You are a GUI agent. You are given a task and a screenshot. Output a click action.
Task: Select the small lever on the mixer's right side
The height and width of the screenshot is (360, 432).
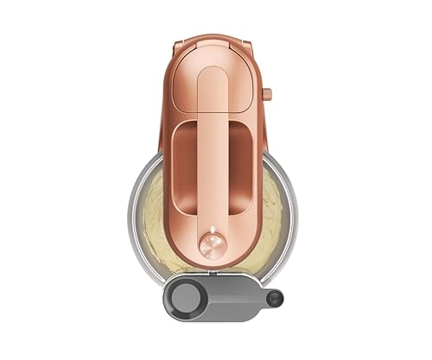(x=266, y=92)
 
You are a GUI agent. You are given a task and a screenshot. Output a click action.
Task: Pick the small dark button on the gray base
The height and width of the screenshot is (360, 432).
(x=275, y=300)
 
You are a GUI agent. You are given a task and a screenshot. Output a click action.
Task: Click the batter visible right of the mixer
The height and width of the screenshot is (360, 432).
(x=270, y=207)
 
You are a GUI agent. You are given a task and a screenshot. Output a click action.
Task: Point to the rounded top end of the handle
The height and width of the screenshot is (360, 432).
(x=212, y=73)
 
